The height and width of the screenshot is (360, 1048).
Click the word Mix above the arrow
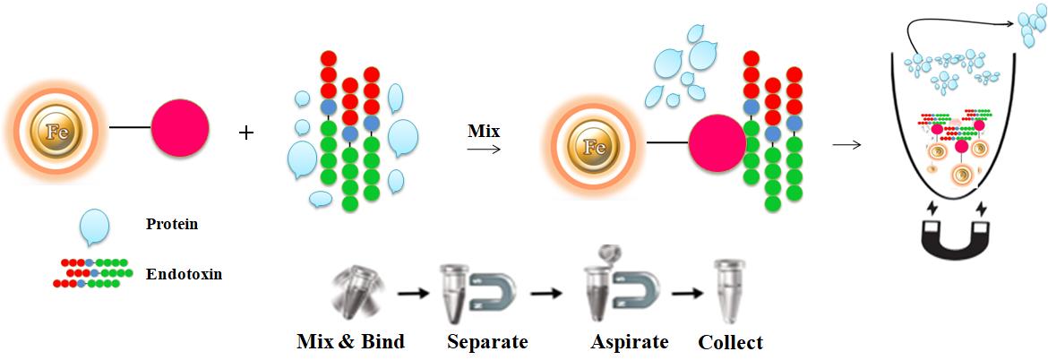(x=483, y=132)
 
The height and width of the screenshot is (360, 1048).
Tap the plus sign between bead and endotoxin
(x=247, y=133)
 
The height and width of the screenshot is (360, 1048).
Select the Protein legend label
(x=172, y=225)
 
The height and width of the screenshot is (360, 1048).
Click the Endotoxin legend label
(x=184, y=274)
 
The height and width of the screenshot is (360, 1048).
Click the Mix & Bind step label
(x=351, y=341)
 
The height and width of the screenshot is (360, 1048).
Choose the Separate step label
(x=487, y=341)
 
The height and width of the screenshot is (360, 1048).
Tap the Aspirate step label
(x=630, y=341)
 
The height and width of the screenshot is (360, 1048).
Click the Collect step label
(x=730, y=341)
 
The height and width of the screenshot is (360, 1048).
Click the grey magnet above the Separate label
(x=492, y=294)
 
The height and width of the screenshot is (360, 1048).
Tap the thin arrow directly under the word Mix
(x=484, y=149)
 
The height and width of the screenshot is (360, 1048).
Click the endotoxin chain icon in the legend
(x=90, y=272)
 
